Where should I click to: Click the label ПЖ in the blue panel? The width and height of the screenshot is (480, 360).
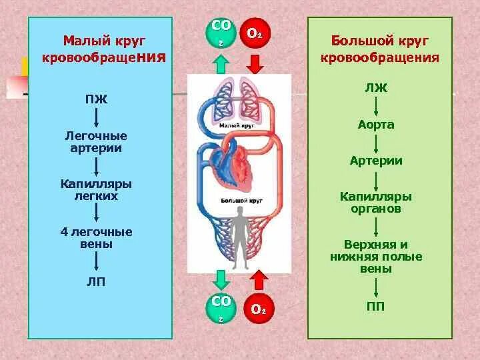[96, 100]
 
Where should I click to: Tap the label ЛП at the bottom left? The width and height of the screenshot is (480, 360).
[96, 282]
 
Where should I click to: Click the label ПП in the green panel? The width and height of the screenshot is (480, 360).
[377, 307]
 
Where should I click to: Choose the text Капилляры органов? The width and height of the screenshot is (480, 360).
[377, 203]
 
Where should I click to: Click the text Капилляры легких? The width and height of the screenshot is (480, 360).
[96, 189]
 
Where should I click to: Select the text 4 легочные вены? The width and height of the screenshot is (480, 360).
[96, 238]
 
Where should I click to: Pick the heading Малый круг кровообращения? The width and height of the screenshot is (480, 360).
[103, 49]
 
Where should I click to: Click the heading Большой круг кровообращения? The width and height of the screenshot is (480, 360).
[379, 49]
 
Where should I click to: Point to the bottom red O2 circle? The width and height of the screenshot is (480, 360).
[258, 309]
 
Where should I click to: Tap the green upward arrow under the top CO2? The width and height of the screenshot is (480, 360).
[221, 65]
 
